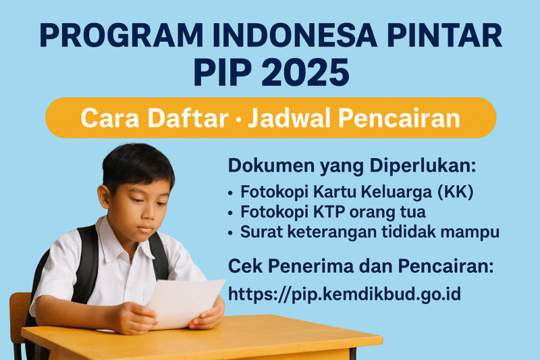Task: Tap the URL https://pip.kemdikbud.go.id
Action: coord(344,294)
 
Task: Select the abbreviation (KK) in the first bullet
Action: coord(456,192)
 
